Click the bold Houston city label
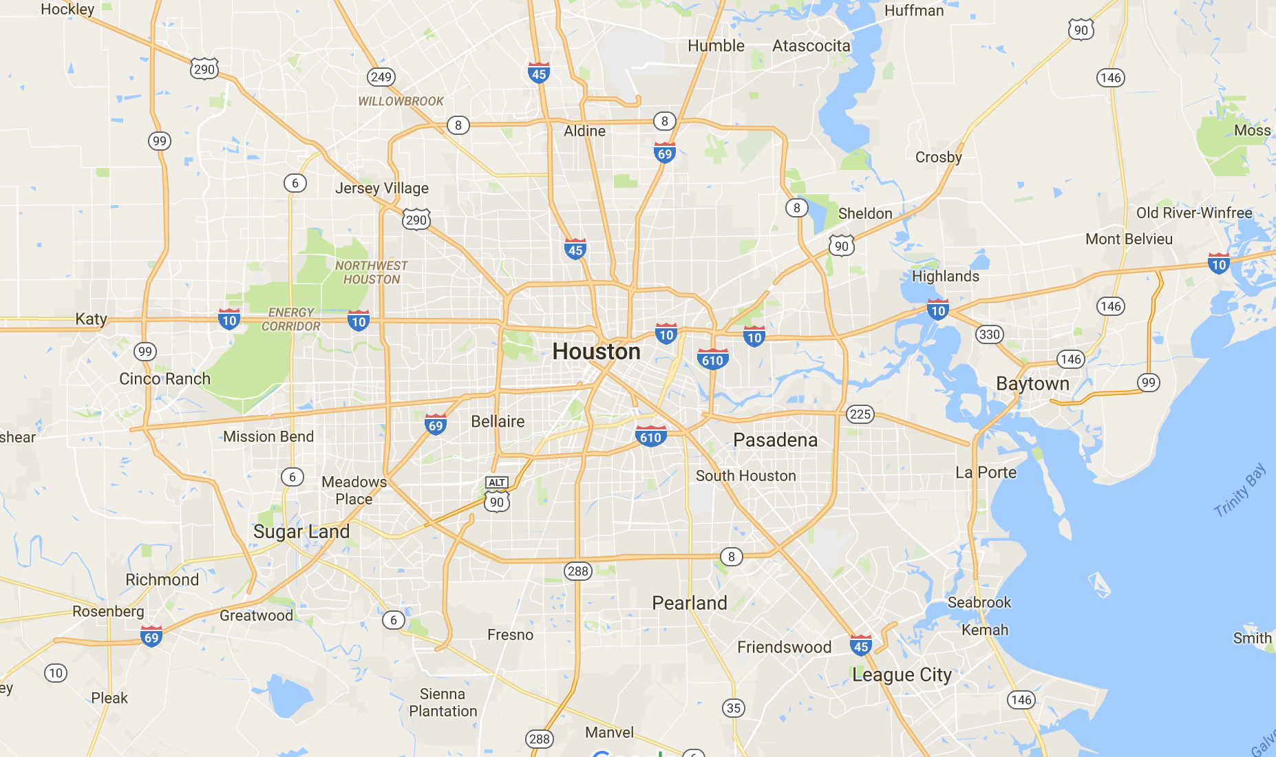[x=596, y=352]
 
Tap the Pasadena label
[x=775, y=440]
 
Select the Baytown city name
[x=1032, y=383]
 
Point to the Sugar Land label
[x=301, y=531]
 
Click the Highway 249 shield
[x=381, y=77]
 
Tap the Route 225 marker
[x=860, y=414]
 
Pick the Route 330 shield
[x=989, y=334]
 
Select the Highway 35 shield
[x=734, y=708]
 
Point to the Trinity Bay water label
[x=1239, y=490]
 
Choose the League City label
[x=902, y=675]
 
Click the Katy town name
[x=91, y=319]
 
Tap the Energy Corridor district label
[x=291, y=319]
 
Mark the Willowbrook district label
[x=401, y=101]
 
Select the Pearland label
[x=689, y=603]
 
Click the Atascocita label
[x=811, y=46]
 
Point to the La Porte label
[x=986, y=472]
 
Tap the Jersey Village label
[x=381, y=188]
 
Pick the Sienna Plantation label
[x=443, y=703]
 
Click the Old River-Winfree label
[x=1193, y=213]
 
